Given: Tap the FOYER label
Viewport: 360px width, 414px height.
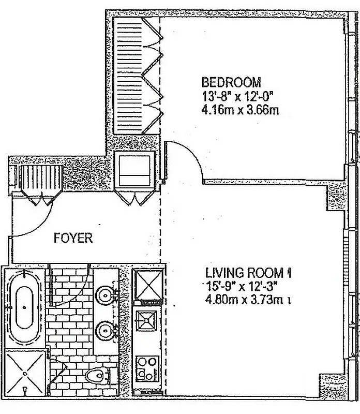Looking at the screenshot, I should (x=73, y=239).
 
